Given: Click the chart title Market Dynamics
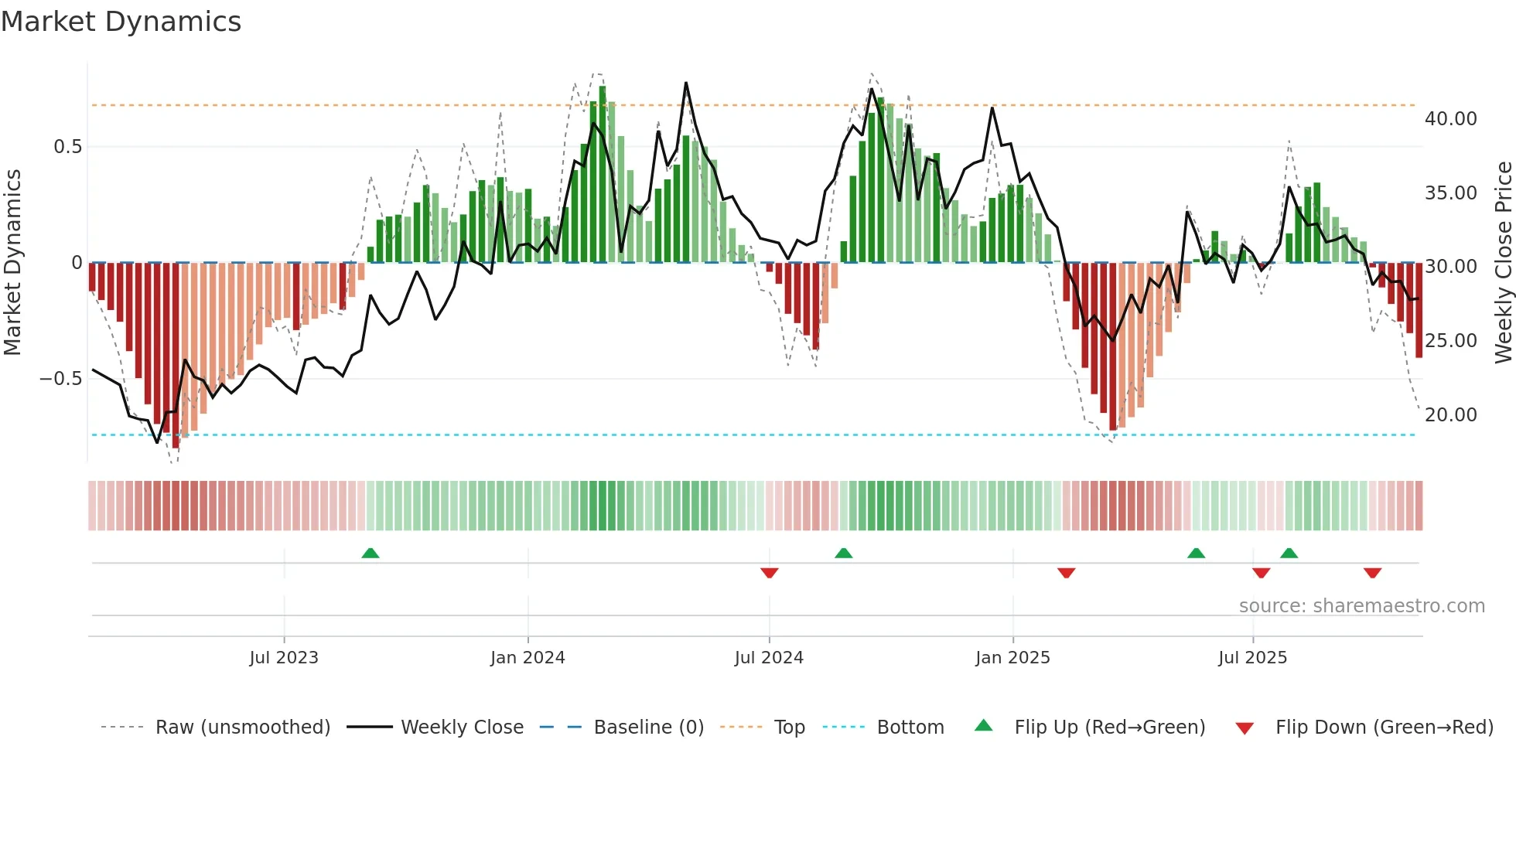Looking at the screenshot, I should pos(121,22).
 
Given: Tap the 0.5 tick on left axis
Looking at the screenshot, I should pos(67,147).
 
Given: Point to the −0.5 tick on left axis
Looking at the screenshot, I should pos(61,379).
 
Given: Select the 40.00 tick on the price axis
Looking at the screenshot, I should pos(1450,119).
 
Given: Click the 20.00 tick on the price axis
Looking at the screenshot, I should pos(1450,415).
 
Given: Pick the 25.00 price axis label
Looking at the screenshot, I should pos(1450,341).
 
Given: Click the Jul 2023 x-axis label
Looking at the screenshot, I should pos(284,658).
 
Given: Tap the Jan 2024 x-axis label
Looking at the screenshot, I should pos(528,658).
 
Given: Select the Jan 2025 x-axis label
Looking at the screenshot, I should pos(1012,658).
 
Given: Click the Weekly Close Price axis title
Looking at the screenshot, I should pos(1503,263).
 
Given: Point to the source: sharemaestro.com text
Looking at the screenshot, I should pos(1361,606).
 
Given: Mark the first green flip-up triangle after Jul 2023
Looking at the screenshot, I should pos(370,553).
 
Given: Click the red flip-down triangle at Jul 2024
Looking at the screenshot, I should pos(769,573).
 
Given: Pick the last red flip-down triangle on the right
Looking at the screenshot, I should pos(1372,573).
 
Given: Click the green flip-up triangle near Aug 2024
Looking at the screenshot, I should pos(844,553).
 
